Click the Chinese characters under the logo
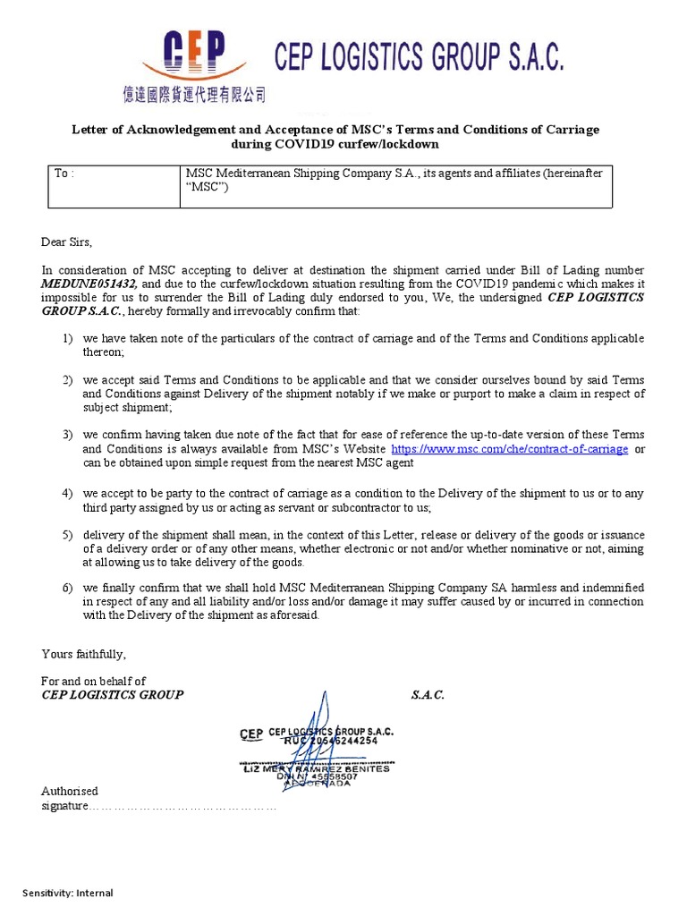(x=194, y=94)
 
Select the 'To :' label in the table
(x=64, y=174)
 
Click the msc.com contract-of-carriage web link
(x=510, y=449)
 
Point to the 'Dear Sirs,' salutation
(x=67, y=242)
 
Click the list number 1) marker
(x=68, y=339)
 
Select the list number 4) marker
(x=68, y=494)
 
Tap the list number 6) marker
(x=68, y=588)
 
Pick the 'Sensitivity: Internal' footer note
(x=68, y=893)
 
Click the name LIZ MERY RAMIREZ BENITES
(x=318, y=768)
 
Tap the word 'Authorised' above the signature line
(x=70, y=791)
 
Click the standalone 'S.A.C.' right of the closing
(x=428, y=695)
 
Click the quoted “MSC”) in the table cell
(x=208, y=188)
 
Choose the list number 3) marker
(x=68, y=434)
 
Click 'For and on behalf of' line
(x=94, y=682)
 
